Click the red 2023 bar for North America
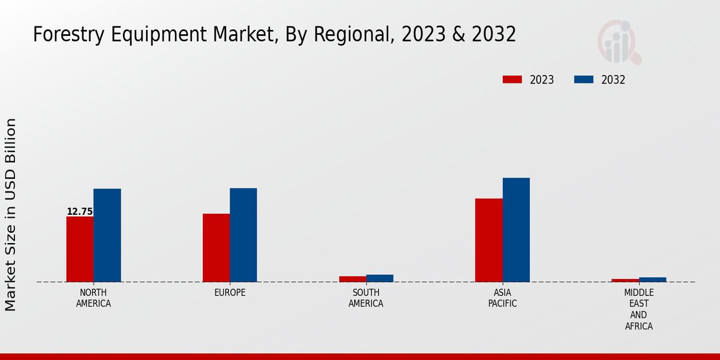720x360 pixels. click(x=80, y=249)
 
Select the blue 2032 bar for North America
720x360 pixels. click(x=107, y=235)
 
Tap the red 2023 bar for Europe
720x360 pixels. click(x=216, y=248)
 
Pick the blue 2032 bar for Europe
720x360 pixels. click(x=243, y=235)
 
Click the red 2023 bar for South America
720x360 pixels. click(x=352, y=279)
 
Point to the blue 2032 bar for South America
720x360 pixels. click(x=380, y=278)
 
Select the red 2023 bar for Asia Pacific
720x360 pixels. click(x=488, y=240)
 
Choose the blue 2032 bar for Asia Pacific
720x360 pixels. click(x=516, y=230)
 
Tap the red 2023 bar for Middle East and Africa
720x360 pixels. click(x=625, y=280)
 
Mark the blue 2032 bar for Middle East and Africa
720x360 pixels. click(x=652, y=280)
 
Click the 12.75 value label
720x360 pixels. click(x=80, y=212)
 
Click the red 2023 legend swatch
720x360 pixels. click(x=512, y=80)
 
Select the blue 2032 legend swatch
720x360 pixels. click(x=583, y=80)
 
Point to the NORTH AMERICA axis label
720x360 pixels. click(x=94, y=298)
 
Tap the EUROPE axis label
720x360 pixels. click(x=230, y=293)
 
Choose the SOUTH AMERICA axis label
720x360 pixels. click(x=366, y=298)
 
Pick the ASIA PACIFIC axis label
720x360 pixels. click(x=502, y=298)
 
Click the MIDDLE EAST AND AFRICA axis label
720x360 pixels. click(x=638, y=310)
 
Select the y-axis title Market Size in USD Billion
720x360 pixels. click(x=11, y=215)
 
